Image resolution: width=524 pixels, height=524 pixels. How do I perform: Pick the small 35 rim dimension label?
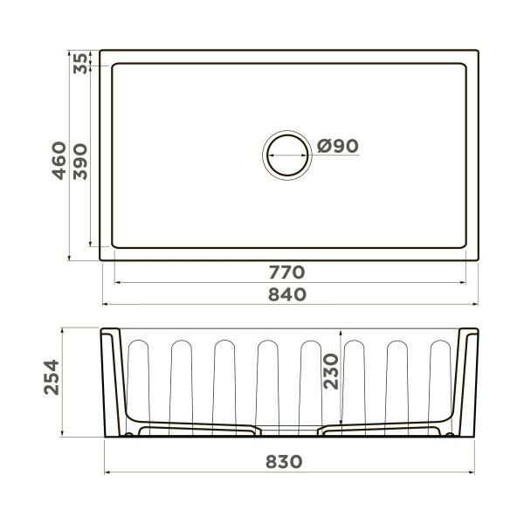click(x=81, y=63)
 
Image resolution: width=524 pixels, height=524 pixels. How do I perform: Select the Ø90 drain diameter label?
click(x=338, y=147)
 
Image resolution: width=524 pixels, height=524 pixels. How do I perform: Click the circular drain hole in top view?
click(x=286, y=155)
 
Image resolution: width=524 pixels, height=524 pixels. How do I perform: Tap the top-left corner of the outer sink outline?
click(x=100, y=51)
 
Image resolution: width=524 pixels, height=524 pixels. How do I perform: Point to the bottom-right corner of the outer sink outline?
click(x=479, y=259)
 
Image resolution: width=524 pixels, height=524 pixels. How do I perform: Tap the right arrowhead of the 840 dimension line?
click(x=475, y=305)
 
